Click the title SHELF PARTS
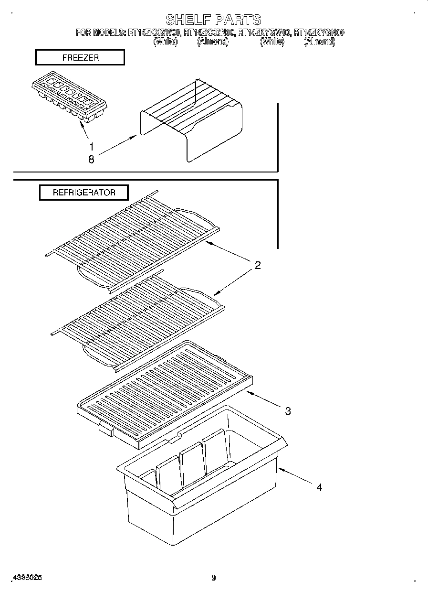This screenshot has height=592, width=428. (213, 20)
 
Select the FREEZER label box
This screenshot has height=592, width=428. (80, 58)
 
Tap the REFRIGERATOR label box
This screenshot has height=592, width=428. (84, 193)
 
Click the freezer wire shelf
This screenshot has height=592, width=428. (191, 119)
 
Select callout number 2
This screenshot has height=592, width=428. (257, 266)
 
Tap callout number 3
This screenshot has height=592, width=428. (287, 411)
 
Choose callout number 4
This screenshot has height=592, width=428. (319, 487)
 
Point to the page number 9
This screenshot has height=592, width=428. (213, 578)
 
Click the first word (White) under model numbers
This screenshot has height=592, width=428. (165, 42)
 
